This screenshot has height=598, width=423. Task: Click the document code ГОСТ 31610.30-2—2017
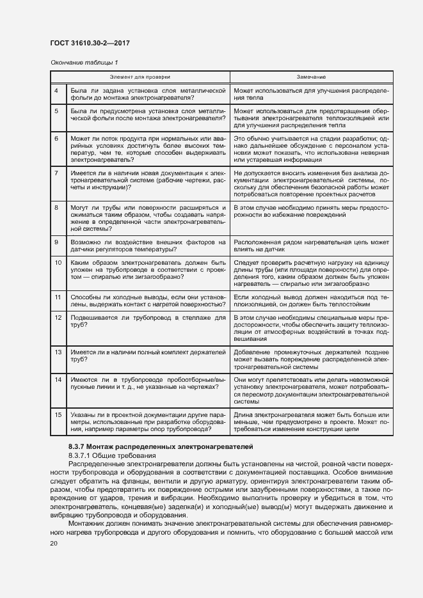pos(90,43)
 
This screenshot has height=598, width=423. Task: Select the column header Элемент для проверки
pos(140,76)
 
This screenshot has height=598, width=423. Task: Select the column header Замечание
pos(311,76)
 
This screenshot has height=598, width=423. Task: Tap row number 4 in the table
pos(56,91)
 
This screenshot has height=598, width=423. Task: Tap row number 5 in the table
pos(56,111)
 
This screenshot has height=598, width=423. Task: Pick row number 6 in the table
pos(56,138)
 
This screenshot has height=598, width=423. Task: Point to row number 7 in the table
pos(56,173)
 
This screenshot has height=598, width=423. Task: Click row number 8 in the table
pos(56,208)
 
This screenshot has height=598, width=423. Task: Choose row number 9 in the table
pos(56,242)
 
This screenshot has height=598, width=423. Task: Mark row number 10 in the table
pos(56,262)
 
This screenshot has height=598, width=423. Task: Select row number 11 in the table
pos(56,297)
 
